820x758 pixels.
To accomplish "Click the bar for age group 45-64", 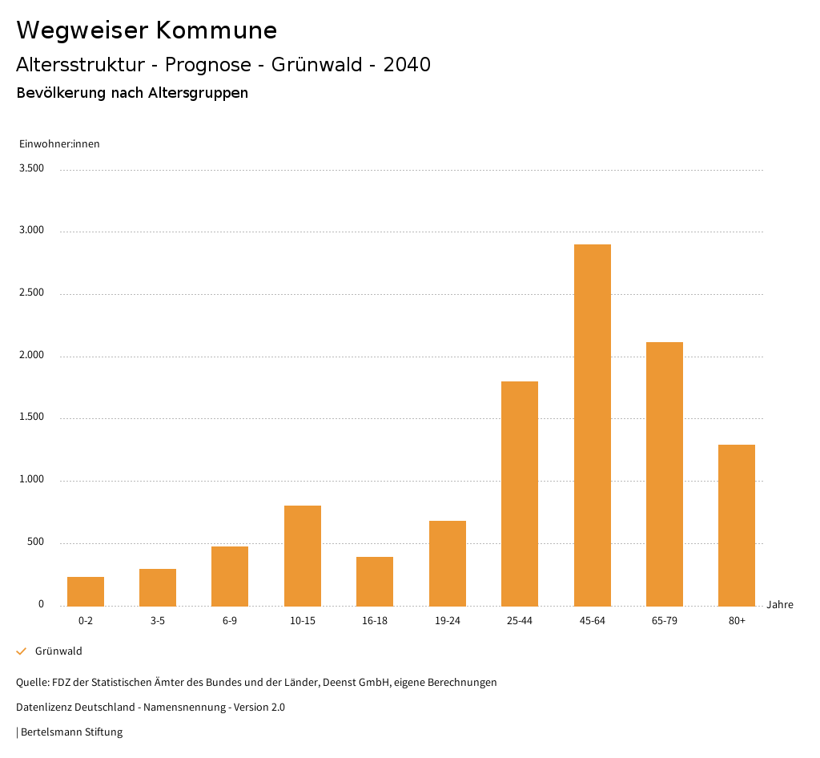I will [x=592, y=425].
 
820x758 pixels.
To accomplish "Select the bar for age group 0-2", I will [x=86, y=591].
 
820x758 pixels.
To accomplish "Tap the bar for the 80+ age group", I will [x=737, y=525].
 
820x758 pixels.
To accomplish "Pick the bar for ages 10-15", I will [x=303, y=555].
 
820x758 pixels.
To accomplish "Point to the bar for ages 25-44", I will [x=520, y=494].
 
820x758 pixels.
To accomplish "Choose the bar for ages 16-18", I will [x=375, y=581].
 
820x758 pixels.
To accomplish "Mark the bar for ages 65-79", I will [x=665, y=474].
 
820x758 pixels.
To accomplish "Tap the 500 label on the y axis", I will [x=36, y=542].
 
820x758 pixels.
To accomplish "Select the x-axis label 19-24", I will [x=448, y=621].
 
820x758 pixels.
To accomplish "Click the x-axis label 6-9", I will [x=230, y=621].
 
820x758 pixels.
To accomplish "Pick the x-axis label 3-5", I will [x=158, y=621].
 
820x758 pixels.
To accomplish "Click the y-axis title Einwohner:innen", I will [x=59, y=144].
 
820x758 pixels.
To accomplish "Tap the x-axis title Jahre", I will [x=780, y=605].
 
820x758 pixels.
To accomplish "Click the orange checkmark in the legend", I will [x=22, y=651].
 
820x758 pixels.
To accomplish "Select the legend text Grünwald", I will [x=58, y=651].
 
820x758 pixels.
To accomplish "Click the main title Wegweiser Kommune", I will [x=147, y=30].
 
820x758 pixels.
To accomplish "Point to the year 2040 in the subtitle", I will [x=407, y=65].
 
